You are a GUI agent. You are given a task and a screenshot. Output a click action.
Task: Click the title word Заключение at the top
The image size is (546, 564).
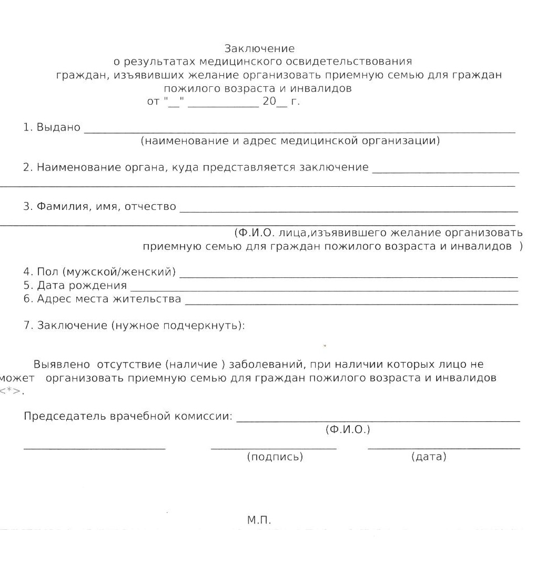(259, 49)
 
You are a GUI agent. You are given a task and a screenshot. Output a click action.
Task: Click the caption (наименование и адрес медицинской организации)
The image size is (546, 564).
(290, 141)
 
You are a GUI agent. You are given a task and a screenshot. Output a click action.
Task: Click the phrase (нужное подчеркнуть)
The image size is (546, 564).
(177, 325)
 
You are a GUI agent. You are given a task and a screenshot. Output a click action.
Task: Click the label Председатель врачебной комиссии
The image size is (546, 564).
(128, 416)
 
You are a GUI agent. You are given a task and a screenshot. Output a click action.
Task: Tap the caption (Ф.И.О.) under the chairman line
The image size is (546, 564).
(348, 430)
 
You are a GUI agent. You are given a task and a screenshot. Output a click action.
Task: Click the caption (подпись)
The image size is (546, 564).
(275, 457)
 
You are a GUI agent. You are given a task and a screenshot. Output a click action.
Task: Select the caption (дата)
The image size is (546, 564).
(428, 457)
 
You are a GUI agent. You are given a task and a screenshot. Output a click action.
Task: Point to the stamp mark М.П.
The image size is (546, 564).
(259, 520)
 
